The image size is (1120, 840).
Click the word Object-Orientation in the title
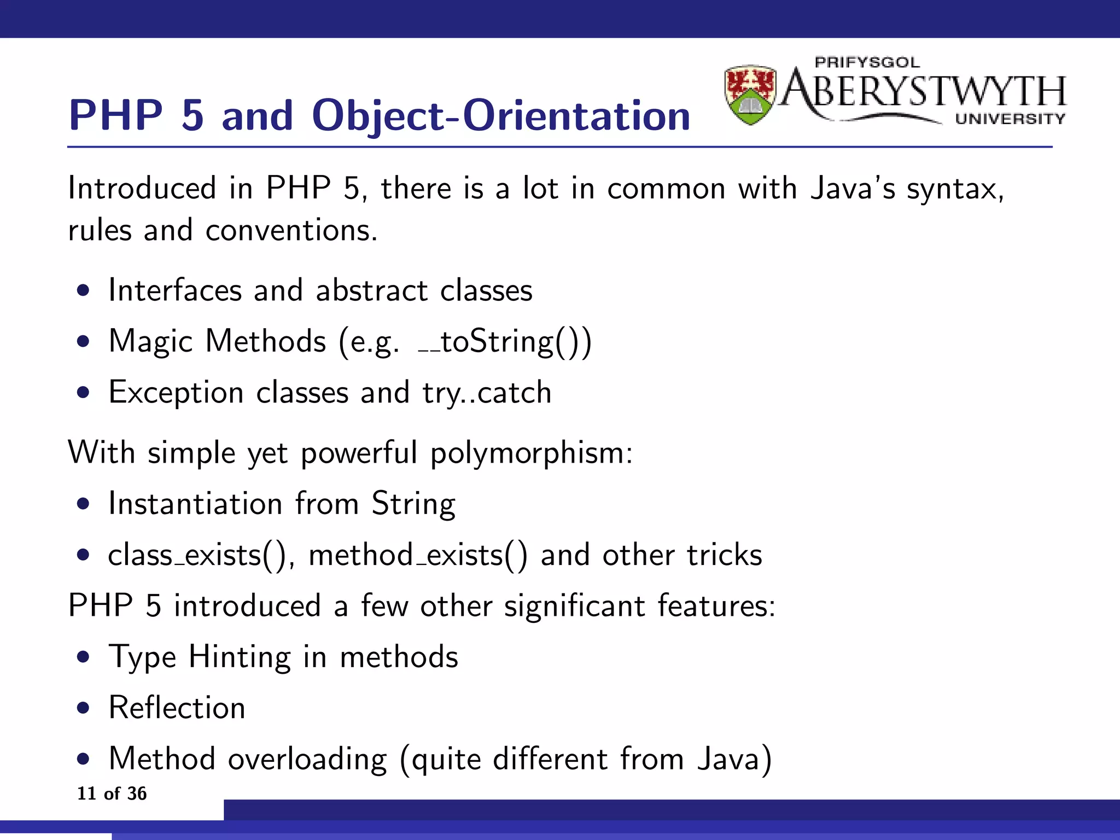point(500,116)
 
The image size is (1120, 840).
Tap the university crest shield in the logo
point(750,95)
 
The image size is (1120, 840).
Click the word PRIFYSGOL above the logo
point(867,62)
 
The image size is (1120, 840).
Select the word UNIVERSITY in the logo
point(1010,119)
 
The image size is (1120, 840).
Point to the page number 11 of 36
point(112,793)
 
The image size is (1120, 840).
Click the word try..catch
point(487,393)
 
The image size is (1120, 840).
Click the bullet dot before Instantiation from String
point(83,504)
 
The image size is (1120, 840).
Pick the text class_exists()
point(197,555)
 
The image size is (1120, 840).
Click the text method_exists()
point(418,555)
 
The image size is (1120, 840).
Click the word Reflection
point(177,708)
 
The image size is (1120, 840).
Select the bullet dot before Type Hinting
point(83,657)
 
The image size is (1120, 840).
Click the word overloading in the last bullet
point(307,759)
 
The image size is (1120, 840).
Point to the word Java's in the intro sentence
point(852,189)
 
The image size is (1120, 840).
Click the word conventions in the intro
point(291,230)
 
